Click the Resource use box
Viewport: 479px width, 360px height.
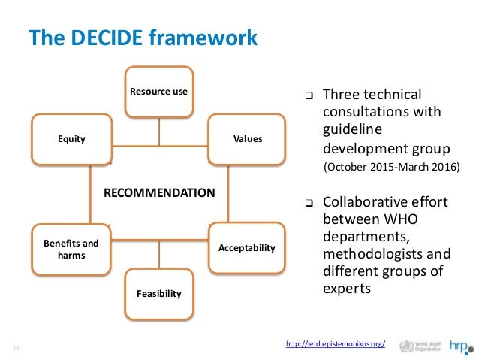(158, 92)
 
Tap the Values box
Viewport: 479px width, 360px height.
(247, 139)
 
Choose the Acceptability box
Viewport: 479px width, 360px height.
(247, 247)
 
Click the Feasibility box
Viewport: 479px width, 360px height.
(158, 293)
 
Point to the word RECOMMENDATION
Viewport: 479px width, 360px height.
(158, 192)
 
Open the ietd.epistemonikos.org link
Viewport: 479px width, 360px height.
(336, 344)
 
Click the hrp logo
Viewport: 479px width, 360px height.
(460, 346)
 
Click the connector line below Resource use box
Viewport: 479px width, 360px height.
(158, 131)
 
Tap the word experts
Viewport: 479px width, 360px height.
(346, 286)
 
